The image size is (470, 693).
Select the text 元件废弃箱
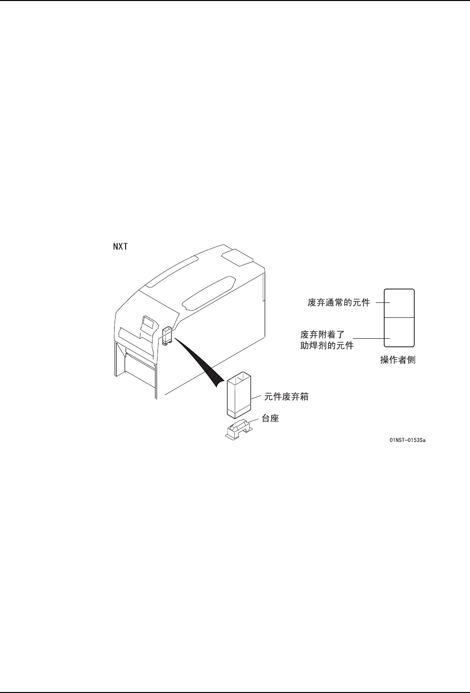pos(286,397)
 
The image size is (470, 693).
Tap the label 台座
pos(270,419)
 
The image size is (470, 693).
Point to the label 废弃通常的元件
pos(338,302)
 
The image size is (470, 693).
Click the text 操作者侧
pos(398,360)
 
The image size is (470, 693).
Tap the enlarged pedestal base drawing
pos(239,429)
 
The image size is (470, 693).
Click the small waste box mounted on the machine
pos(166,335)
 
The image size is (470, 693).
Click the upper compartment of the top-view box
pos(399,303)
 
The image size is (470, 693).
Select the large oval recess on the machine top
pos(209,291)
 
